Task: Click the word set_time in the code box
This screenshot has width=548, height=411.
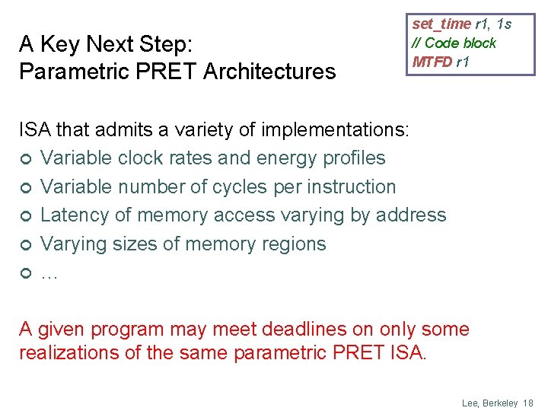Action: pos(441,24)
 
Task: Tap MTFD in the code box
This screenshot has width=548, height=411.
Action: pos(432,62)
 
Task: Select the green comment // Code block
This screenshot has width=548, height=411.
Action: pos(454,43)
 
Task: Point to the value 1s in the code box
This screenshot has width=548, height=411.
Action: pos(503,24)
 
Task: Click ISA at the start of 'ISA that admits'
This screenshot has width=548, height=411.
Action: pos(33,130)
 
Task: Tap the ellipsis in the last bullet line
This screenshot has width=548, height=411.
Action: pos(49,273)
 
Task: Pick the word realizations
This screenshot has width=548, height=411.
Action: pos(70,353)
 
